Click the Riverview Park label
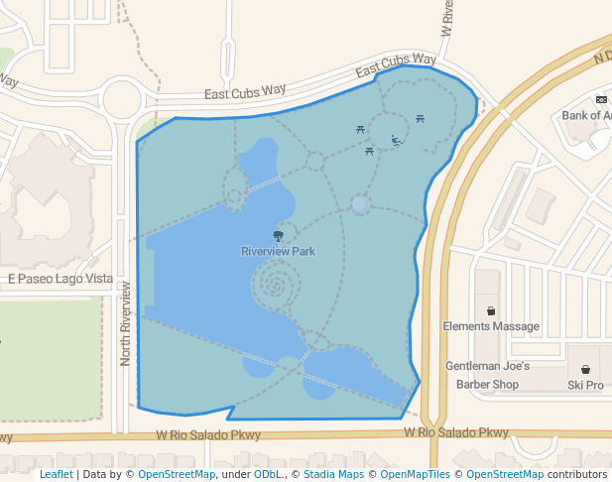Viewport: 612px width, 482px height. pyautogui.click(x=278, y=251)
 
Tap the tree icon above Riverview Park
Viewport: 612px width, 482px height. pyautogui.click(x=278, y=235)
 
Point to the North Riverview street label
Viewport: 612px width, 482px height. pyautogui.click(x=126, y=323)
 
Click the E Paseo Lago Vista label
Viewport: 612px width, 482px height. pyautogui.click(x=61, y=279)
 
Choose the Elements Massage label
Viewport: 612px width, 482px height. pyautogui.click(x=491, y=326)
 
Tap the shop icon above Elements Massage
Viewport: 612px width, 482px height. pyautogui.click(x=491, y=310)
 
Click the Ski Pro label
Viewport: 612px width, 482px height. pyautogui.click(x=585, y=385)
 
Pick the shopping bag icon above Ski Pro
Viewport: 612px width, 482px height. pyautogui.click(x=585, y=369)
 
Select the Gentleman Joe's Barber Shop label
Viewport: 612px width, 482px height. pyautogui.click(x=488, y=375)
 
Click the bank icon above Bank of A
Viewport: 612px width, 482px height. pyautogui.click(x=601, y=99)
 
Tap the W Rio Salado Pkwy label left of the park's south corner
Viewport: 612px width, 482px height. pyautogui.click(x=208, y=434)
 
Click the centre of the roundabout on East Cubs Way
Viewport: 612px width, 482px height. pyautogui.click(x=123, y=99)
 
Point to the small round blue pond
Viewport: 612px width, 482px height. pyautogui.click(x=360, y=204)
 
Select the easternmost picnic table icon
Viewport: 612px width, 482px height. pyautogui.click(x=421, y=119)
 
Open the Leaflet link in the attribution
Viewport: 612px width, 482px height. pyautogui.click(x=56, y=475)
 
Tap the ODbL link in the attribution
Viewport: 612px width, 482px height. pyautogui.click(x=267, y=475)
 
